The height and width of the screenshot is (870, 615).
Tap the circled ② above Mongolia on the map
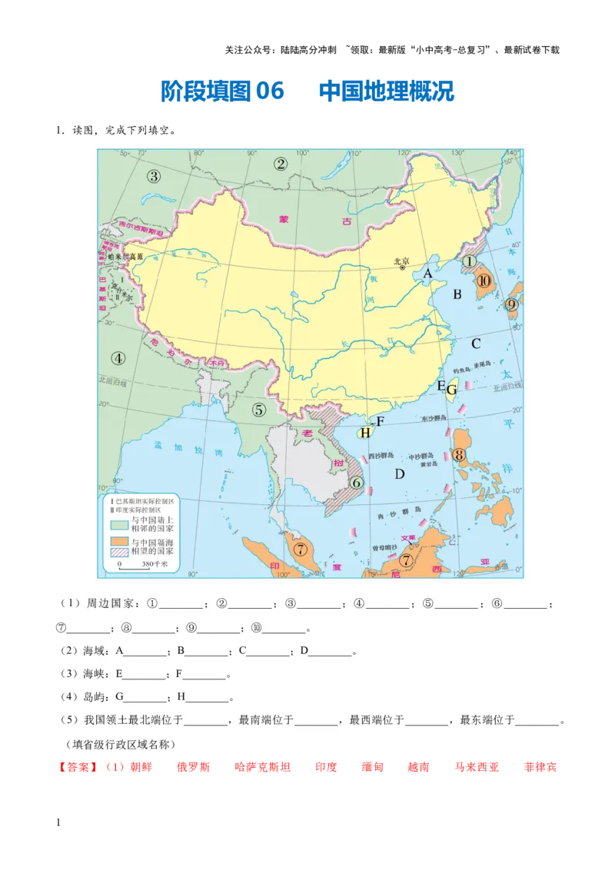pos(281,163)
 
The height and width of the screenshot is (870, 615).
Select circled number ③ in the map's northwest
pos(154,176)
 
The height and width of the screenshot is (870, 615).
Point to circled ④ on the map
pos(118,357)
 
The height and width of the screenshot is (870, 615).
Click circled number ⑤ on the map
pos(259,410)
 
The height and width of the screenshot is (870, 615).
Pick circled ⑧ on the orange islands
pos(459,455)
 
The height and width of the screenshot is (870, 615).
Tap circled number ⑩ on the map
pos(484,281)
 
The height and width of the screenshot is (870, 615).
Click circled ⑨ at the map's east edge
pos(512,304)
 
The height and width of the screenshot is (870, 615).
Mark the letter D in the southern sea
pos(399,473)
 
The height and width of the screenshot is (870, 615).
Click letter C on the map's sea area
pos(476,344)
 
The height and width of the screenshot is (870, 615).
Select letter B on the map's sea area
pos(457,293)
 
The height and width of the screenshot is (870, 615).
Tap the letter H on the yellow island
pos(365,433)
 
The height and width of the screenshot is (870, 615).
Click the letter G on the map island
pos(452,390)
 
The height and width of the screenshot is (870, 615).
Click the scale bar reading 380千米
pos(139,564)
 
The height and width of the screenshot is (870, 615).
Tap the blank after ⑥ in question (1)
pos(527,603)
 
